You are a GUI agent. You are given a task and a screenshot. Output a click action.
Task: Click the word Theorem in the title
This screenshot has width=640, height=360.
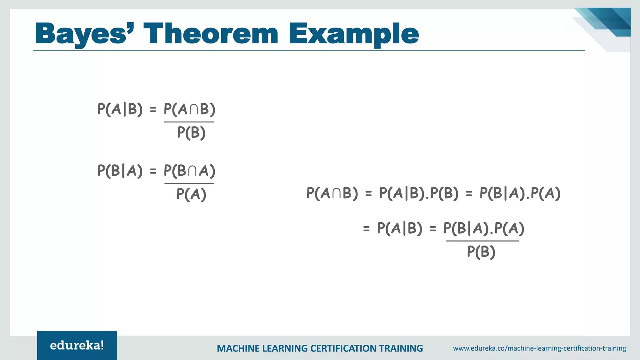tap(211, 34)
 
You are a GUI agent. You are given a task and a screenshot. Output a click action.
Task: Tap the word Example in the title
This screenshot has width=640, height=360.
tap(353, 34)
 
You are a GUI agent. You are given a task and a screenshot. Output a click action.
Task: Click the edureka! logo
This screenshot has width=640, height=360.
tap(77, 345)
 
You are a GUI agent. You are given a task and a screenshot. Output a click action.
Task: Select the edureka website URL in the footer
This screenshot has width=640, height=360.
tap(539, 348)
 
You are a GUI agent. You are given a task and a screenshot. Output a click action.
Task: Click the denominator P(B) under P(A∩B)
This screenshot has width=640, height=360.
tap(191, 132)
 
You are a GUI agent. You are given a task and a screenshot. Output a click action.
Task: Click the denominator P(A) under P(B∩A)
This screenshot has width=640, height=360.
tap(191, 194)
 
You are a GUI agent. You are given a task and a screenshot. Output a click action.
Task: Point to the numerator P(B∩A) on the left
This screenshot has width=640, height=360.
tap(189, 171)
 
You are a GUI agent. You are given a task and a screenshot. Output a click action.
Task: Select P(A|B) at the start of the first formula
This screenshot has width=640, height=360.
tap(120, 109)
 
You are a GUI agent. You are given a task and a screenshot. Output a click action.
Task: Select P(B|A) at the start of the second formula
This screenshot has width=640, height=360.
tap(120, 171)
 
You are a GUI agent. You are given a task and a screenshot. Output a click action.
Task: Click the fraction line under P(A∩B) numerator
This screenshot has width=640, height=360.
tap(189, 122)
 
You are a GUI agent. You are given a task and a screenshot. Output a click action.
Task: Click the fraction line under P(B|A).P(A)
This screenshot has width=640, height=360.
tap(482, 241)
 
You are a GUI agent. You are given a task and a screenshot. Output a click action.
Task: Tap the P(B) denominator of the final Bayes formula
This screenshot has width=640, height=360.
tap(481, 252)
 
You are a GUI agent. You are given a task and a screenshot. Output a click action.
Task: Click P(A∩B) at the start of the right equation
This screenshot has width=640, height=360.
tap(332, 193)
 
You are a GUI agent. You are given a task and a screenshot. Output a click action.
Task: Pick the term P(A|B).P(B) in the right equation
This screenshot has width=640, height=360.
tap(418, 193)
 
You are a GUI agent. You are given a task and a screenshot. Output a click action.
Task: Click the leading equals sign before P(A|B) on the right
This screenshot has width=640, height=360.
tap(366, 229)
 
